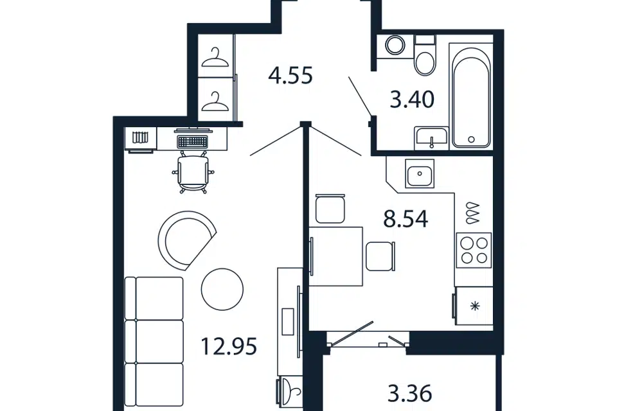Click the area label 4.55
(x=291, y=76)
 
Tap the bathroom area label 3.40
(x=412, y=99)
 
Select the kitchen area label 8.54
(x=406, y=219)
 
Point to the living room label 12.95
(x=229, y=347)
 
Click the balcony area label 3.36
(x=409, y=393)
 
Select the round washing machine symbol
(x=395, y=46)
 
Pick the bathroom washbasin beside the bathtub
(x=431, y=138)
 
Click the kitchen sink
(x=420, y=173)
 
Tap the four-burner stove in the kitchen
(x=474, y=250)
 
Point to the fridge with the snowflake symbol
(x=474, y=306)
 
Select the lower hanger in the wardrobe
(x=215, y=101)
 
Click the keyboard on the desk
(x=192, y=141)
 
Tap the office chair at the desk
(x=192, y=172)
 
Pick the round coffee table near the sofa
(x=222, y=290)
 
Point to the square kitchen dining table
(x=335, y=256)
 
